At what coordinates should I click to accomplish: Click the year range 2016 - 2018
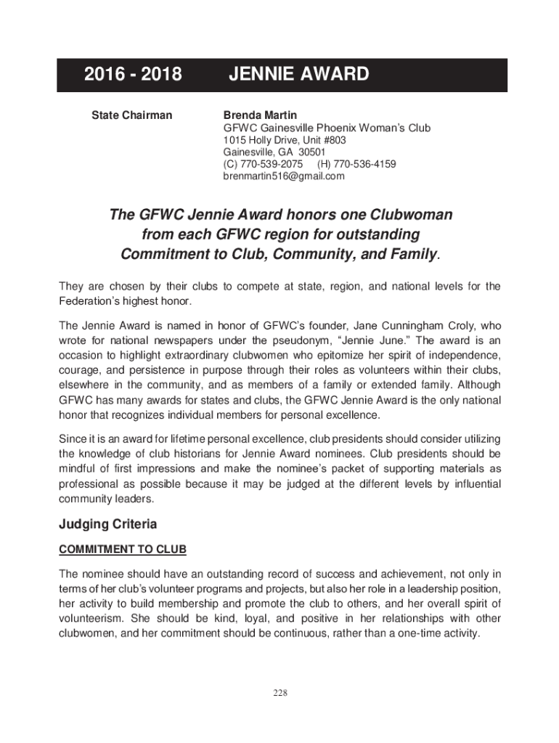pyautogui.click(x=133, y=75)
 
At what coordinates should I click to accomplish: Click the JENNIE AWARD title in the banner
pyautogui.click(x=299, y=75)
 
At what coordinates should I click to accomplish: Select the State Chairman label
pyautogui.click(x=131, y=115)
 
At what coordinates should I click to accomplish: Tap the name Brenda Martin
pyautogui.click(x=260, y=115)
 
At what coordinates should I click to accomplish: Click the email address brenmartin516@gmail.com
pyautogui.click(x=284, y=176)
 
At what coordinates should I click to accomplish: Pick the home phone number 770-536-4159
pyautogui.click(x=367, y=164)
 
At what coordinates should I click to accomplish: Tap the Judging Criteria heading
pyautogui.click(x=108, y=524)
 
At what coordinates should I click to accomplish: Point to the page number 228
pyautogui.click(x=280, y=693)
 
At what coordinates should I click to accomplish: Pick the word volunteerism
pyautogui.click(x=91, y=618)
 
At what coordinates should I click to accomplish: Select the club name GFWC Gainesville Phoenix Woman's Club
pyautogui.click(x=327, y=128)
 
